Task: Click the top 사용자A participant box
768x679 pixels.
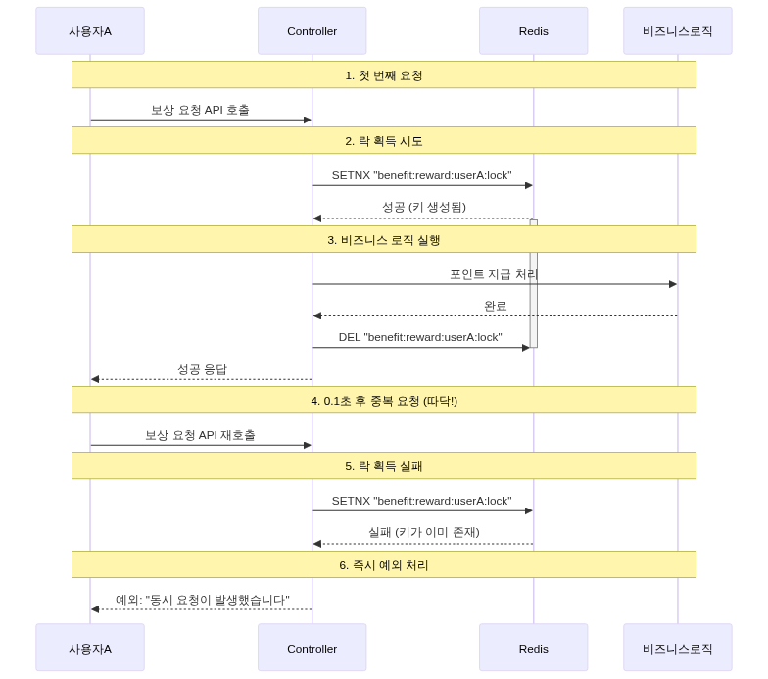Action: (90, 30)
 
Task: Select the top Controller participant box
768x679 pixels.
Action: (312, 30)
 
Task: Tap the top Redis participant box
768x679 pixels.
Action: (533, 30)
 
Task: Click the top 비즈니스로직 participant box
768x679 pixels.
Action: (677, 30)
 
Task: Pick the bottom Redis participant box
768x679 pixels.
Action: (533, 648)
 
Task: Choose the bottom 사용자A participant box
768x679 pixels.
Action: (90, 648)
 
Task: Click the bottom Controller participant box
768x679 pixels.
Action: (312, 648)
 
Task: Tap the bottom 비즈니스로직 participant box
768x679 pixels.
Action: (677, 648)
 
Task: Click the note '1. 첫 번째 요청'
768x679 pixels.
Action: (383, 74)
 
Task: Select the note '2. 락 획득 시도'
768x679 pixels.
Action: (383, 141)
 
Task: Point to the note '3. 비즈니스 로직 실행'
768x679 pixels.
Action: (383, 240)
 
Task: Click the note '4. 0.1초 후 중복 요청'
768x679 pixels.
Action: (383, 400)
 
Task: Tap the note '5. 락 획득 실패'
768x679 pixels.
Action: (383, 466)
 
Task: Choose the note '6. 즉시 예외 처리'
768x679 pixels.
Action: (383, 565)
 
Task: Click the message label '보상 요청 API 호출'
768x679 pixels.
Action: (200, 110)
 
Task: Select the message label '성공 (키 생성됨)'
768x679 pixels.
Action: (423, 208)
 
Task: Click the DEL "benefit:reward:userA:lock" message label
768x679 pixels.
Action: (420, 337)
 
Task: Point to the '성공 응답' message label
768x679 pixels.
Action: (202, 369)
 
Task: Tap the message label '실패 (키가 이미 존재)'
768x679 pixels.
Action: (423, 533)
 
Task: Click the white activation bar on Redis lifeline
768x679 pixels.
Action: (534, 284)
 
